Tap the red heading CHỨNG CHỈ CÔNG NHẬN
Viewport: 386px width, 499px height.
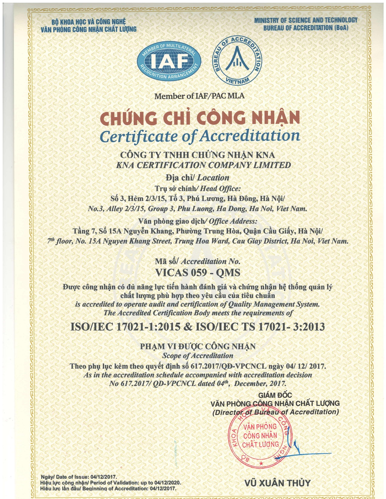tap(200, 118)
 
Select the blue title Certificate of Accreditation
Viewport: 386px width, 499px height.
tap(200, 136)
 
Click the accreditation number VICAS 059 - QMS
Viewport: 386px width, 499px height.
tap(198, 273)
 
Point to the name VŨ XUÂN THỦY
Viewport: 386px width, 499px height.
tap(277, 483)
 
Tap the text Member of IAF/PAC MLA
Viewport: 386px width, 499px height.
tap(199, 96)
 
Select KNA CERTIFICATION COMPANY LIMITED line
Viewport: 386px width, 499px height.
tap(204, 165)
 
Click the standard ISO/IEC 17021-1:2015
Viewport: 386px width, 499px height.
tap(125, 327)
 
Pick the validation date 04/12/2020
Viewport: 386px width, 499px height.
tap(167, 483)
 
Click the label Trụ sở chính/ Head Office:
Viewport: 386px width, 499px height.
tap(198, 189)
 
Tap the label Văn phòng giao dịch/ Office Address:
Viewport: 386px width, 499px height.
tap(198, 221)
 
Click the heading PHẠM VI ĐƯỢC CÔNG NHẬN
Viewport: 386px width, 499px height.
tap(198, 347)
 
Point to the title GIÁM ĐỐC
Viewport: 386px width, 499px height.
tap(275, 395)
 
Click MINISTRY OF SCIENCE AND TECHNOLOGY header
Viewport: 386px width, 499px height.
tap(306, 20)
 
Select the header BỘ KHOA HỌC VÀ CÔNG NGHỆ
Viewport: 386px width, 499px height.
tap(88, 22)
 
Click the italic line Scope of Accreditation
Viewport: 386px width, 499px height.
tap(198, 356)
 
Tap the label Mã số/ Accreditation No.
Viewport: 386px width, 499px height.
tap(198, 262)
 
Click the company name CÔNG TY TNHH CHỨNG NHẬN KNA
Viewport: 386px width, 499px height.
tap(198, 155)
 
